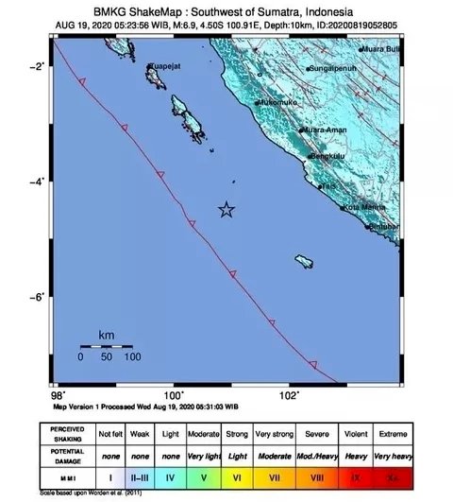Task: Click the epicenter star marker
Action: (226, 210)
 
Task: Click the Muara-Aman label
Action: (324, 130)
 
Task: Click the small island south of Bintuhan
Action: (304, 260)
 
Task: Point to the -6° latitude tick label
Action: (41, 298)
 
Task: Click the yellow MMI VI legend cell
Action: (238, 479)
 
